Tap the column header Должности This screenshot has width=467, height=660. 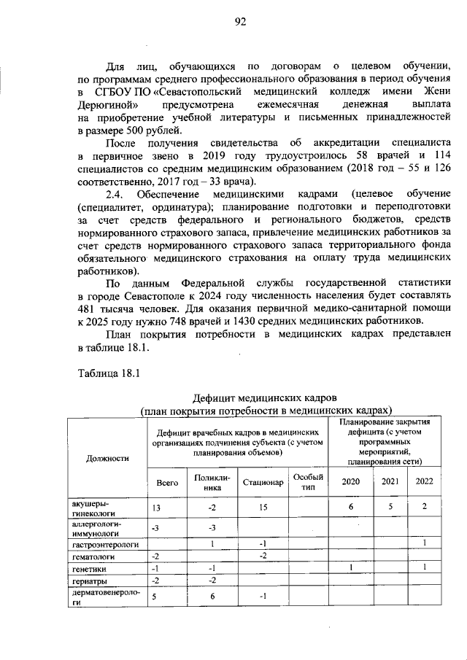(x=107, y=458)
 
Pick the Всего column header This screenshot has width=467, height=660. (x=167, y=481)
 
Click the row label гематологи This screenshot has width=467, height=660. (x=91, y=557)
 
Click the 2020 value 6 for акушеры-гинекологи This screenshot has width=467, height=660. (x=351, y=507)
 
